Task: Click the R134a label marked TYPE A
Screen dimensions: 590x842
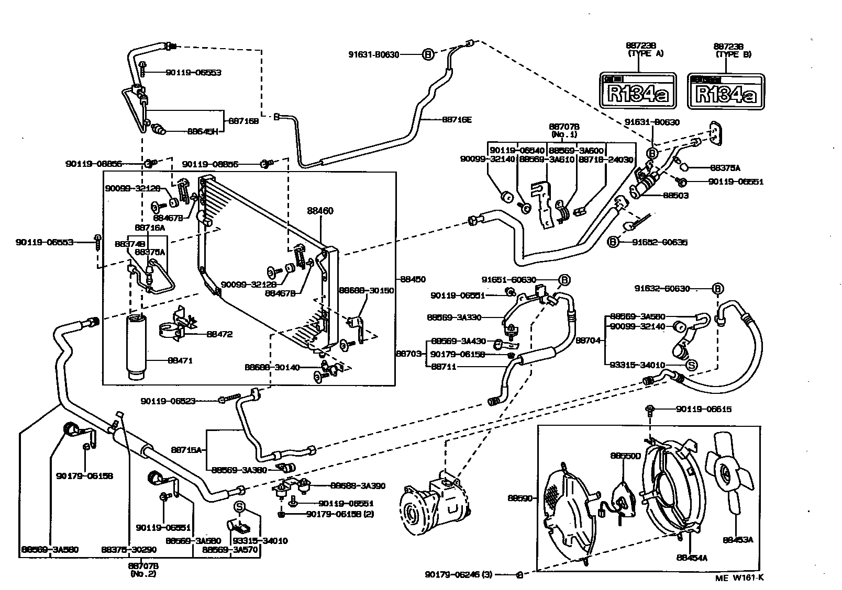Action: coord(638,90)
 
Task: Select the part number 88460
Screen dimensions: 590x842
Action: coord(320,211)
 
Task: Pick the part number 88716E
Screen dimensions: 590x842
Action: coord(457,119)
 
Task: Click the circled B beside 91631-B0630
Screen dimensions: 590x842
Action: coord(428,54)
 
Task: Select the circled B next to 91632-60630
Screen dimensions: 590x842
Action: coord(717,289)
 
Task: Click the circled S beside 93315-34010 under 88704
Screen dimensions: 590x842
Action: coord(691,365)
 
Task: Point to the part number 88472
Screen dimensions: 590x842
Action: coord(219,334)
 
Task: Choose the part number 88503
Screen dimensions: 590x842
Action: coord(675,196)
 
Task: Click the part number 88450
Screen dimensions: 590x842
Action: coord(413,280)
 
